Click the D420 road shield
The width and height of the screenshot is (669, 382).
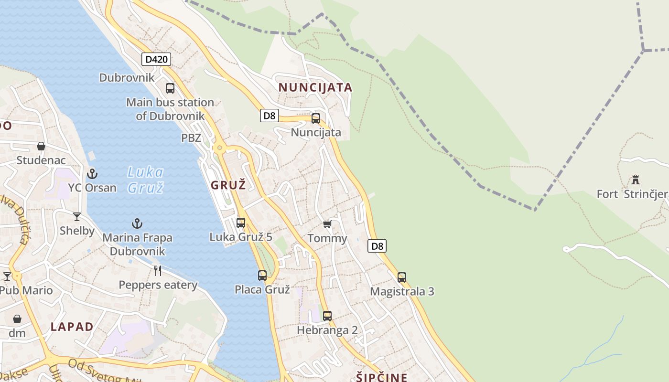(x=156, y=59)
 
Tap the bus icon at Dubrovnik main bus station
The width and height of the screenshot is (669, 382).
(x=170, y=88)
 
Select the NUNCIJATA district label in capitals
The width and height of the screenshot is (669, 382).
(x=315, y=87)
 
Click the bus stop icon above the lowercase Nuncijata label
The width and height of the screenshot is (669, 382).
(x=316, y=118)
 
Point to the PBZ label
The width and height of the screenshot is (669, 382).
(x=191, y=138)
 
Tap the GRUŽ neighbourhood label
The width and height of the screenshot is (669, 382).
(x=228, y=185)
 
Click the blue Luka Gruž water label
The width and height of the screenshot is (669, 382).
(x=146, y=180)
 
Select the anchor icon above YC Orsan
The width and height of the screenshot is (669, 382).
(x=92, y=173)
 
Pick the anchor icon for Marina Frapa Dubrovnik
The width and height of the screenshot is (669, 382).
(x=137, y=223)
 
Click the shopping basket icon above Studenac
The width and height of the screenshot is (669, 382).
(x=41, y=146)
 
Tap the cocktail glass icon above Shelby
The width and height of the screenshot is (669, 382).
(x=77, y=217)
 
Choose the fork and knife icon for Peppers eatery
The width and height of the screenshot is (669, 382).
(x=158, y=271)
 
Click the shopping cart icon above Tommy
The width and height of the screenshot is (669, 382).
(x=327, y=224)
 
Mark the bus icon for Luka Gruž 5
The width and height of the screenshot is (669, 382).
(x=241, y=223)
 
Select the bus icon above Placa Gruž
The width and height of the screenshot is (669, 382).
(x=262, y=276)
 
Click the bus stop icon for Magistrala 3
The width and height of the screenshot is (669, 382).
(x=402, y=277)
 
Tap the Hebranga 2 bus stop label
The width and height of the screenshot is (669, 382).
(x=327, y=330)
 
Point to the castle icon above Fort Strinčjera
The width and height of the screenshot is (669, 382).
(x=636, y=180)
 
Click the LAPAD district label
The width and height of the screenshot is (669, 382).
(x=72, y=327)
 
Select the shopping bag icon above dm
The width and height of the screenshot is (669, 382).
(x=17, y=318)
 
